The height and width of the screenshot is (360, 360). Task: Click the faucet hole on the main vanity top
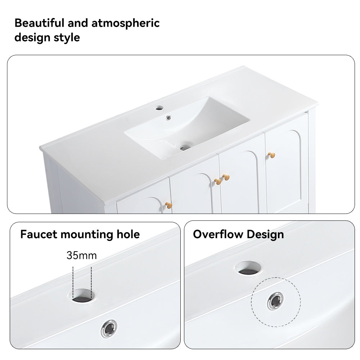pos(159,108)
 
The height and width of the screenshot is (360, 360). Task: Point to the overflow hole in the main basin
pos(168,118)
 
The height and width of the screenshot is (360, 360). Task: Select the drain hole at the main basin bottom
pos(184,148)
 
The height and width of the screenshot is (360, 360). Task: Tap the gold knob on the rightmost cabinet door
pos(271,155)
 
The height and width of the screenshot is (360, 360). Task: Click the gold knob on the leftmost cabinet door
pos(169,205)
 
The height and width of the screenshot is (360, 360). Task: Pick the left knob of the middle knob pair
pos(218,181)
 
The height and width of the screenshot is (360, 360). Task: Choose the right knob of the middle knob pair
pos(226,177)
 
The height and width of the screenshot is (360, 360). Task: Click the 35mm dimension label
pos(82,255)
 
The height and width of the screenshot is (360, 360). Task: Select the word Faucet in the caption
pos(39,234)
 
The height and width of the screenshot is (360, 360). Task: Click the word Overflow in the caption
pos(218,234)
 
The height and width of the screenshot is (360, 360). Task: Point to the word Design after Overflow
pos(265,235)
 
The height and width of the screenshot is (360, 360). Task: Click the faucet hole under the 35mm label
pos(82,296)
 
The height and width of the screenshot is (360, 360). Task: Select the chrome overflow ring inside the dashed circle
pos(275,301)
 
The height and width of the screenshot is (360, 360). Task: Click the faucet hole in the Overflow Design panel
pos(248,268)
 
